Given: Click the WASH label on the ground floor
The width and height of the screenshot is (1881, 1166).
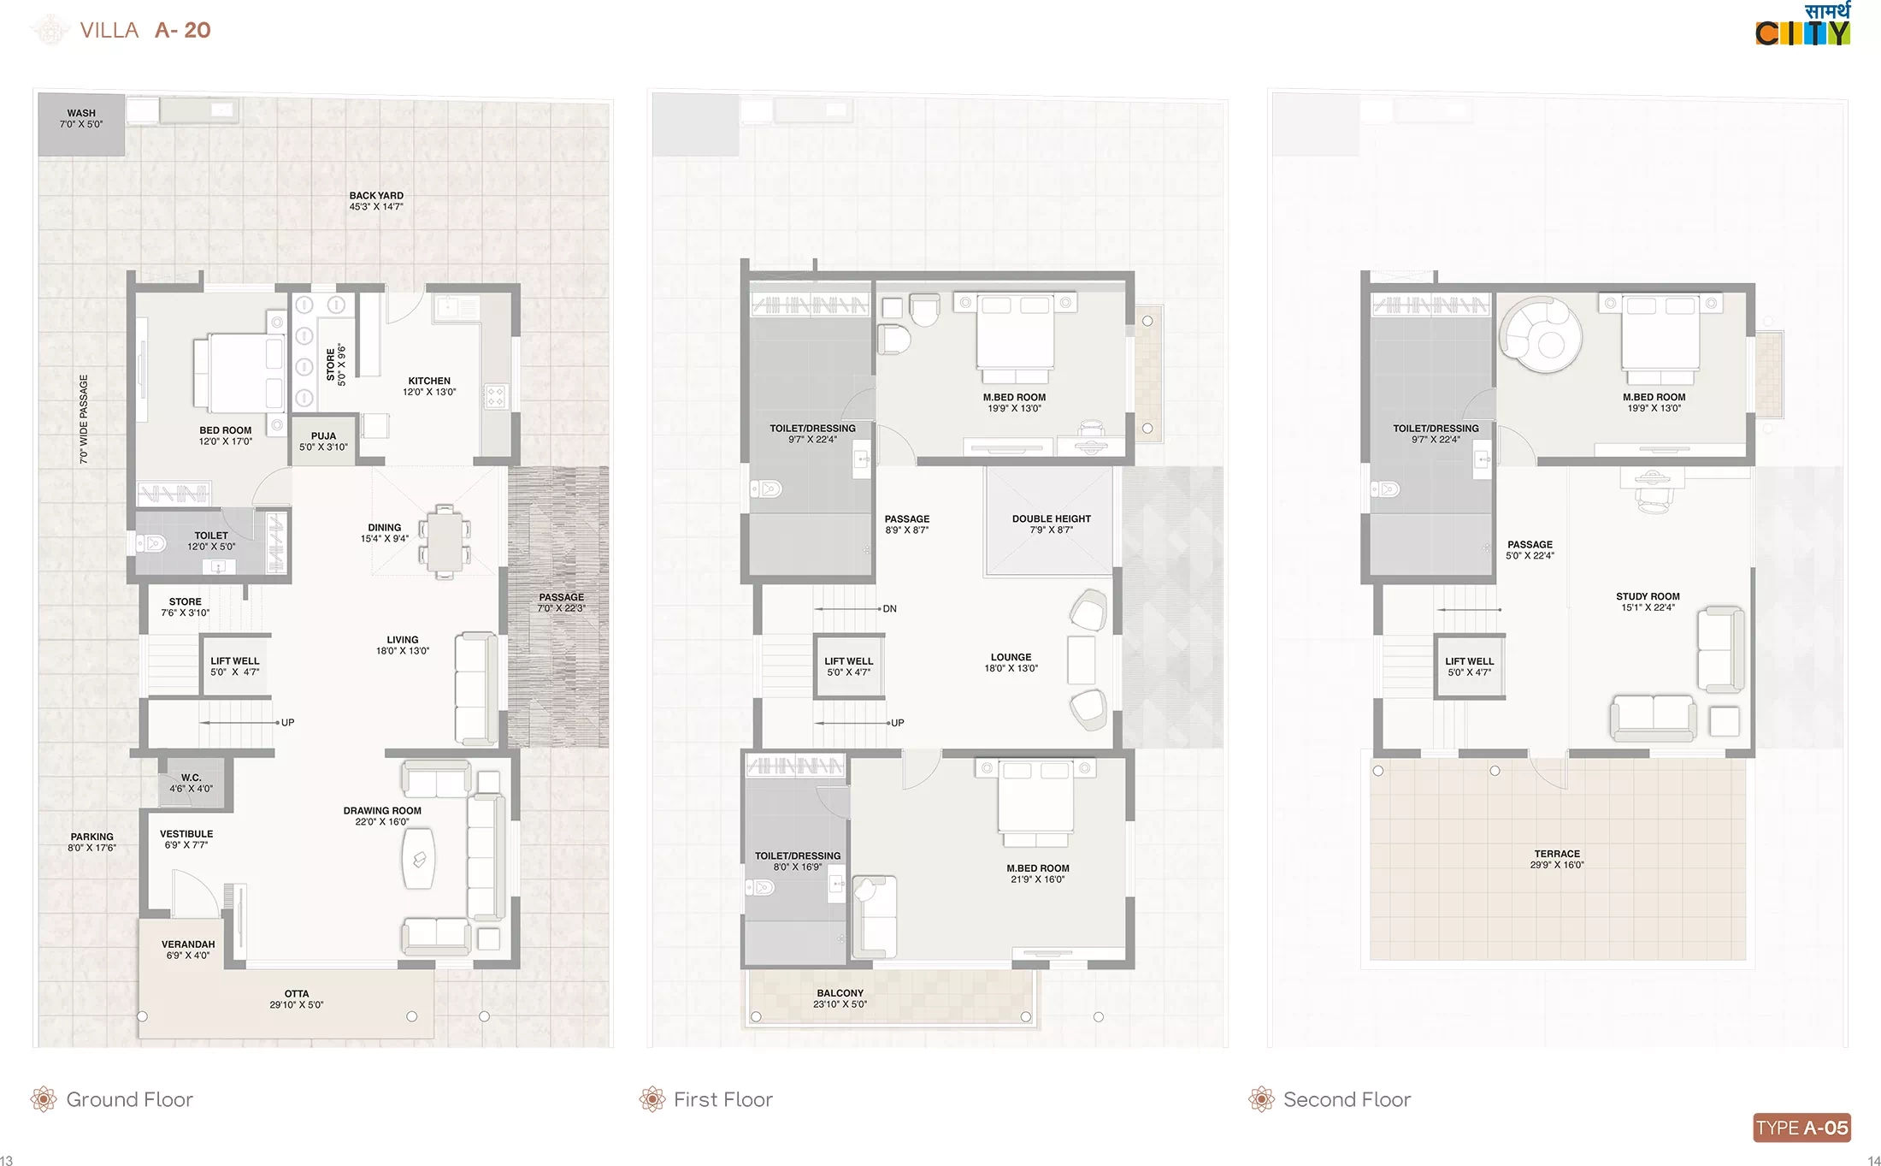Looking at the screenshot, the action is click(x=81, y=113).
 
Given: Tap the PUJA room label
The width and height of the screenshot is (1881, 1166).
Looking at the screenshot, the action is click(x=323, y=435).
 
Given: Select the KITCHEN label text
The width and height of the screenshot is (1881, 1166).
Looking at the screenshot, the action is click(x=429, y=381).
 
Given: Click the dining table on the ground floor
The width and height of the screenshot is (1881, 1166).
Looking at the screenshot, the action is click(x=444, y=542).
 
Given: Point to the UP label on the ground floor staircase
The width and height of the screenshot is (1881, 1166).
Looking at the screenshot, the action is click(x=288, y=723).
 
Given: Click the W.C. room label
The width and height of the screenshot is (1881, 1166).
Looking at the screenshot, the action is click(x=191, y=778).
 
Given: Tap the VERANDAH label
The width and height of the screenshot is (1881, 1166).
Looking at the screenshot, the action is click(x=188, y=944).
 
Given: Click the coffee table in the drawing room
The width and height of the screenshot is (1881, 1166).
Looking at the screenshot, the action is click(x=419, y=858).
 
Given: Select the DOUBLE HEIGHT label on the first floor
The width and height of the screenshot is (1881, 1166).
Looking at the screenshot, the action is click(x=1052, y=518).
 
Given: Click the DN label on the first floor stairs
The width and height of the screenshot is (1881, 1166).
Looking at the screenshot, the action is click(x=890, y=609).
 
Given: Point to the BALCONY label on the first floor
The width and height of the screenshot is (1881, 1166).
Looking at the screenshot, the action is click(x=840, y=993).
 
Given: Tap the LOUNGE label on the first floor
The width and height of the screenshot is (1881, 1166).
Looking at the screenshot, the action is click(x=1011, y=657).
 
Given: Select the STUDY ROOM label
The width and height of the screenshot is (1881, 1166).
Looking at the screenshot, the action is click(x=1648, y=596).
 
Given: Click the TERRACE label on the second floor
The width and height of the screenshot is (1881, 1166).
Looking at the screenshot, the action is click(x=1557, y=854).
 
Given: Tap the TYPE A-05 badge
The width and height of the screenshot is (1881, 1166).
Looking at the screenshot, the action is click(x=1801, y=1128).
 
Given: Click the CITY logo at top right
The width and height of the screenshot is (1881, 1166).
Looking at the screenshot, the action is click(x=1802, y=25).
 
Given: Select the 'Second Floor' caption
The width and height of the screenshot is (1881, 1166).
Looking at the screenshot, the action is click(x=1347, y=1099).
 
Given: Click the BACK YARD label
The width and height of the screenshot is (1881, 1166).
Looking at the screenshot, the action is click(x=376, y=195).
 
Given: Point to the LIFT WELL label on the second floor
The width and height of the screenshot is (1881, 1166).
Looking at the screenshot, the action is click(x=1470, y=661).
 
